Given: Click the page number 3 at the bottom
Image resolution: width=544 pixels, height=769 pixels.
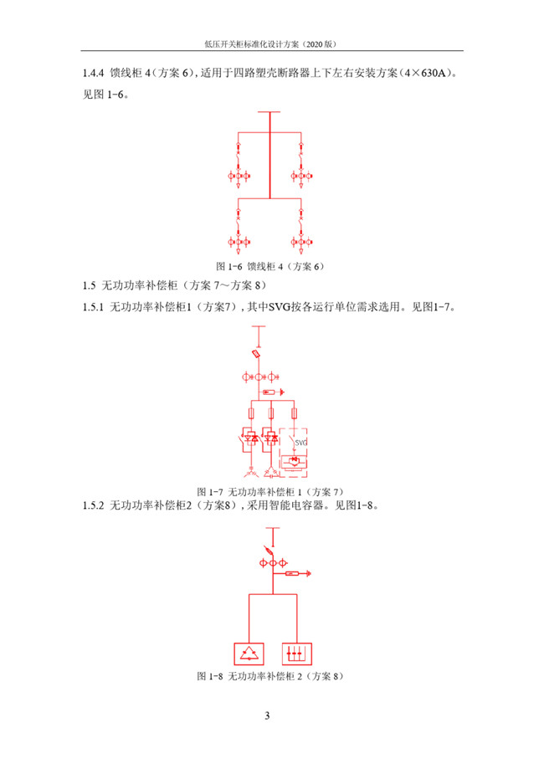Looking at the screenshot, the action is coord(267,715).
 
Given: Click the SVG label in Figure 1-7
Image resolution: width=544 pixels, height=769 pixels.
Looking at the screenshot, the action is coord(300,443).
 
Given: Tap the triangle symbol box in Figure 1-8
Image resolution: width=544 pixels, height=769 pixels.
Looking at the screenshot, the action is coord(249,654).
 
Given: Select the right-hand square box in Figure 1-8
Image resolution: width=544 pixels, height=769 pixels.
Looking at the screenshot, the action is coord(297,654).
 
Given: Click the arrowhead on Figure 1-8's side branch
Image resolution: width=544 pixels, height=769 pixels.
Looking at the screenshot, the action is coord(308,573).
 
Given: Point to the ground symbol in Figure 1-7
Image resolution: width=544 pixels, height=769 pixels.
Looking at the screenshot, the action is coord(281,392).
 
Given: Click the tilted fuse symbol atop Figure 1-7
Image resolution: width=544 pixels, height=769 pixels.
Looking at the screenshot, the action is coord(256,354).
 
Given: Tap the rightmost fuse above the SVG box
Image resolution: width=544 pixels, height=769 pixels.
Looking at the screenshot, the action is coord(294,413).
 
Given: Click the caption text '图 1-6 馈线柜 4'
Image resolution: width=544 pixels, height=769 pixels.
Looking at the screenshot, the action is coord(249,266).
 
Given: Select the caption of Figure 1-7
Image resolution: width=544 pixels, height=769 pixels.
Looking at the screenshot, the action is coord(270,491).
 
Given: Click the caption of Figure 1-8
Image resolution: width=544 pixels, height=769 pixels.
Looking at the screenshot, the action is coord(270,676).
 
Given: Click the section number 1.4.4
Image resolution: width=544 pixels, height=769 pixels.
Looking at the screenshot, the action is coord(93,73).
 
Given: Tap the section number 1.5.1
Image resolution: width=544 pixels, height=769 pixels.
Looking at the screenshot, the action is coord(93,307).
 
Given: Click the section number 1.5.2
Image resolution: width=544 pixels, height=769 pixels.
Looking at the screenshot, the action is coord(93,505).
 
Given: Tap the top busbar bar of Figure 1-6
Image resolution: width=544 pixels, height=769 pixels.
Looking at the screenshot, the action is coord(269,112).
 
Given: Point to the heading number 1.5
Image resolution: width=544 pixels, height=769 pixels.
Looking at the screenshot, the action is coord(89,285).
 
